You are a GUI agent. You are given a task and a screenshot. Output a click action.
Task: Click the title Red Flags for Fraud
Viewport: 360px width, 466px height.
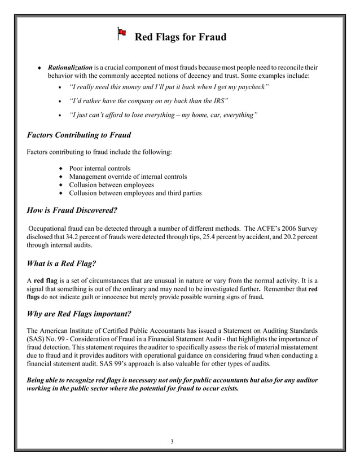[x=180, y=38]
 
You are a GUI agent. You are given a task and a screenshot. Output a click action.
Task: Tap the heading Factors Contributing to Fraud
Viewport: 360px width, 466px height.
[x=79, y=135]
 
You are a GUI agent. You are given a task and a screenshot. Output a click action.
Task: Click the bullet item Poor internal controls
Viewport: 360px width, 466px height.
[x=99, y=168]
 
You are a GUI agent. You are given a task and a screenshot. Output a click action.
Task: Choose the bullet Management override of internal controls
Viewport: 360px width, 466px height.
[x=128, y=177]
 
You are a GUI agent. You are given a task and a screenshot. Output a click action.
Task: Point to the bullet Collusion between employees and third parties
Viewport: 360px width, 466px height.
[x=135, y=193]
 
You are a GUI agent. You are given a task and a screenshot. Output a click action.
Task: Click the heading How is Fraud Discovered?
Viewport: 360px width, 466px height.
[x=72, y=210]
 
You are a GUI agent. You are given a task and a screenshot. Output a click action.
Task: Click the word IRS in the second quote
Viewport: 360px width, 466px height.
[x=219, y=100]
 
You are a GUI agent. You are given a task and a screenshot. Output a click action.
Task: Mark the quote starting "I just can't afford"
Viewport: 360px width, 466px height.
[x=163, y=115]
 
